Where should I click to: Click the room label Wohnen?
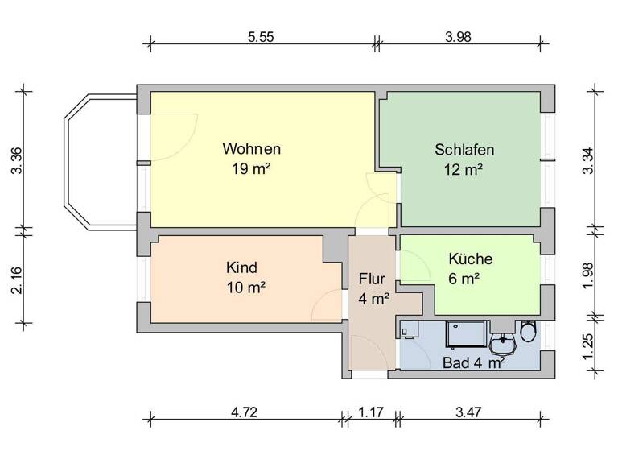(252, 149)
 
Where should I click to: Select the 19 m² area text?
(252, 169)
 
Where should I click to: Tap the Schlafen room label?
(463, 149)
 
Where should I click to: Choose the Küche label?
(471, 259)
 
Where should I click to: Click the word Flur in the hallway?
(373, 279)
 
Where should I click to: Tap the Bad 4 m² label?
(474, 363)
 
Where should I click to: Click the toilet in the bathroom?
(529, 332)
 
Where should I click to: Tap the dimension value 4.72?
(245, 412)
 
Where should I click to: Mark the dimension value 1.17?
(371, 412)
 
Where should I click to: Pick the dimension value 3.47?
(469, 412)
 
